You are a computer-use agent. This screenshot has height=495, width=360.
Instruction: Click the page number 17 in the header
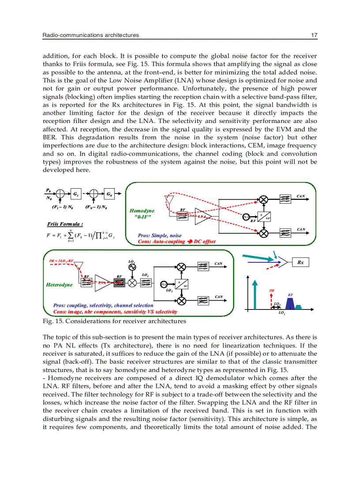314,35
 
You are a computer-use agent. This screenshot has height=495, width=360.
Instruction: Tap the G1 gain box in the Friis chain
76,194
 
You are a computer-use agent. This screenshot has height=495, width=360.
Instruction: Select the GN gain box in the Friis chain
109,194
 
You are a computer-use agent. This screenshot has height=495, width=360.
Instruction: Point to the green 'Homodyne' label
142,211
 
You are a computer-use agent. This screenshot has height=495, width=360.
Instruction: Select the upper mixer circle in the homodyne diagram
264,199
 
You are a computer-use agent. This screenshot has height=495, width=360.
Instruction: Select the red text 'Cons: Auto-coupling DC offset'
176,242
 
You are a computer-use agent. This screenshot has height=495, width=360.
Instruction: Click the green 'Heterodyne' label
59,285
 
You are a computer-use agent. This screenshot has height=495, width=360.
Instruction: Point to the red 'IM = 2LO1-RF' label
62,261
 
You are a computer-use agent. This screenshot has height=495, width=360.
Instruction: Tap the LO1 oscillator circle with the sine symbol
132,268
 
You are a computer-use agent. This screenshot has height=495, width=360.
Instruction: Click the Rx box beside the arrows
300,263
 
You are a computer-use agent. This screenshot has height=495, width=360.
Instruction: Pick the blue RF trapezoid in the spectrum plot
290,303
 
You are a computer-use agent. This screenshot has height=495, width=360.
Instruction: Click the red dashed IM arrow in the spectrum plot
271,301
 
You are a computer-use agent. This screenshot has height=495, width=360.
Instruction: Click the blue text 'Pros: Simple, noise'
159,236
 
